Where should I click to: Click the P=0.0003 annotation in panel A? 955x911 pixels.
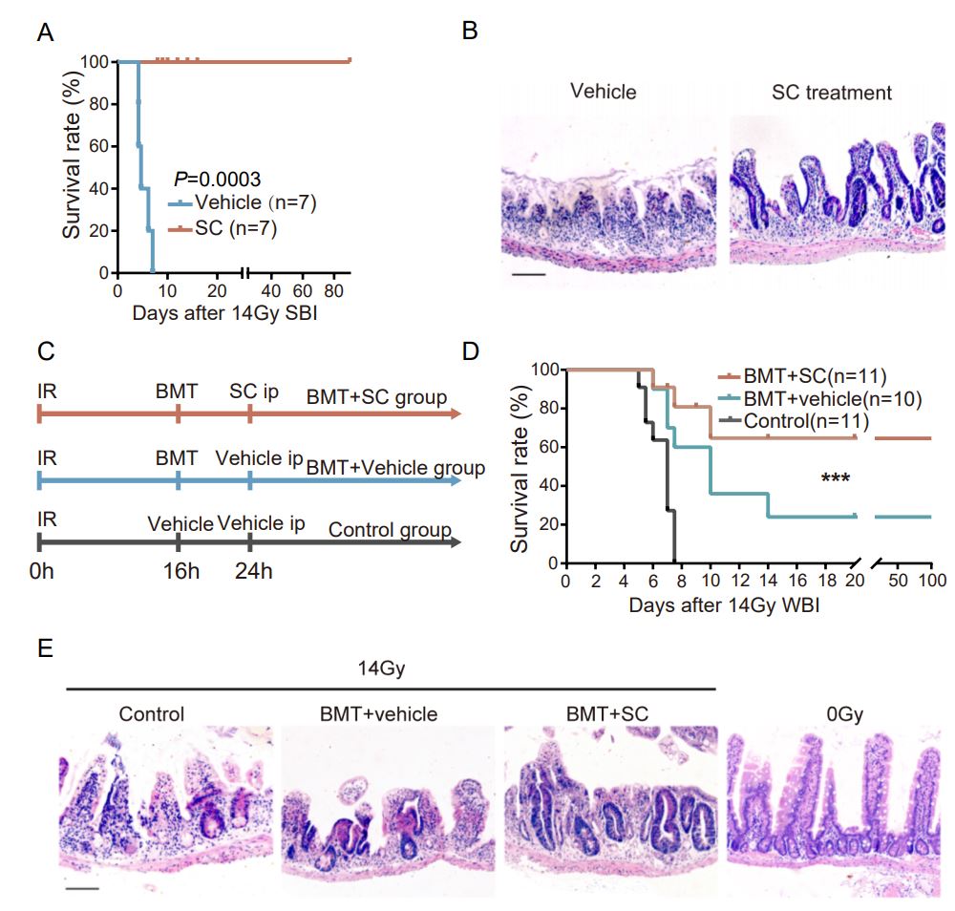pyautogui.click(x=217, y=179)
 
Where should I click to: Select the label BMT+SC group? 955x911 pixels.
pyautogui.click(x=377, y=396)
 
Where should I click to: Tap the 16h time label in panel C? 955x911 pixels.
pyautogui.click(x=179, y=573)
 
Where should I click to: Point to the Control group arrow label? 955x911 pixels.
pyautogui.click(x=390, y=530)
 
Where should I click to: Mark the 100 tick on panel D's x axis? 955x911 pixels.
pyautogui.click(x=932, y=581)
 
